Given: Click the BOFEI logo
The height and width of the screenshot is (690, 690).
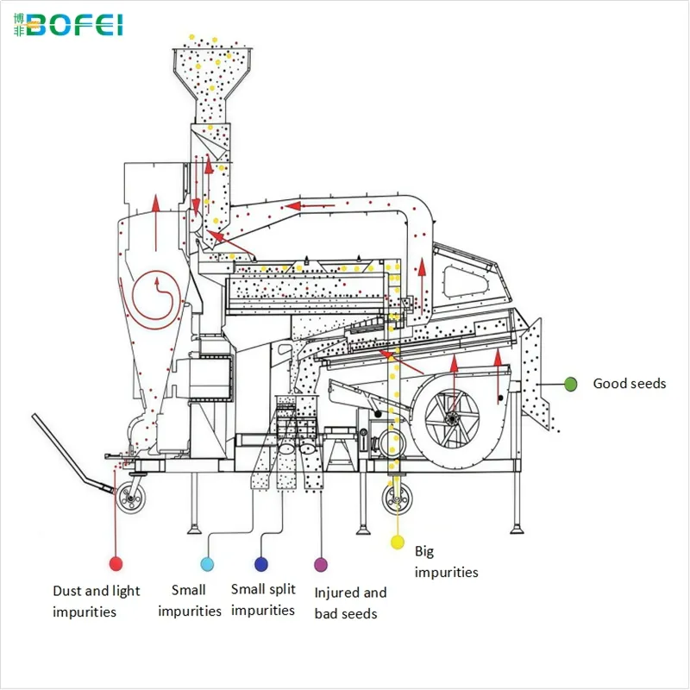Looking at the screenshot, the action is (x=68, y=25).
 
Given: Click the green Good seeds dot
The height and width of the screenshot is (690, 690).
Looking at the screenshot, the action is (x=570, y=384).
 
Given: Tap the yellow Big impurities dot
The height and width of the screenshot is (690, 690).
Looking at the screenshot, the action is (x=398, y=543).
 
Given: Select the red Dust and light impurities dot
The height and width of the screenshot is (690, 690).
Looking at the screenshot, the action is (x=116, y=564).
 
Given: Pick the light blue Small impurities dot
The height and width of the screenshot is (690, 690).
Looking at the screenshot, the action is (x=207, y=564).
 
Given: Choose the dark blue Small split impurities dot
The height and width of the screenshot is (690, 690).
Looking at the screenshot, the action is (x=261, y=564).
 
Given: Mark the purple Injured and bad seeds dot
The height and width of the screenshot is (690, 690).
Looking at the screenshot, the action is (x=321, y=565).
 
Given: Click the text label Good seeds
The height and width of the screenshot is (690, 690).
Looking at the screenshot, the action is (x=630, y=384).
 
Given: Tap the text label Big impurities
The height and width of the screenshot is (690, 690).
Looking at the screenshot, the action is (x=446, y=561).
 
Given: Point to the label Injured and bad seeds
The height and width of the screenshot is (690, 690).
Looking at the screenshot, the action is (x=350, y=603).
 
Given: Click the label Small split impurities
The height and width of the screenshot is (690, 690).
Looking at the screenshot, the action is (x=263, y=599).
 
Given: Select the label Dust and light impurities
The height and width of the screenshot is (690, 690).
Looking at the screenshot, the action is (x=96, y=601).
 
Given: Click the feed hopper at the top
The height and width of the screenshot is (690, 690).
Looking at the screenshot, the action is (x=212, y=84).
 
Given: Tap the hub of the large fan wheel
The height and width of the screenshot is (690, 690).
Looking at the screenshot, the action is (x=451, y=418).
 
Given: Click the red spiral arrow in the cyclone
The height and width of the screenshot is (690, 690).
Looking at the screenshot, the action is (x=154, y=299).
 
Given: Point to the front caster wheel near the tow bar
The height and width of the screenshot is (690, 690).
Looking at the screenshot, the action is (x=131, y=498).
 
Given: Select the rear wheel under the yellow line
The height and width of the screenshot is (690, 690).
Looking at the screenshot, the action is (x=398, y=499).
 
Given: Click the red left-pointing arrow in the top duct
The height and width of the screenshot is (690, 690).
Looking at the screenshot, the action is (x=310, y=205).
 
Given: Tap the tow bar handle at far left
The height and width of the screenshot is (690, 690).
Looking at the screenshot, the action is (x=73, y=454).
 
